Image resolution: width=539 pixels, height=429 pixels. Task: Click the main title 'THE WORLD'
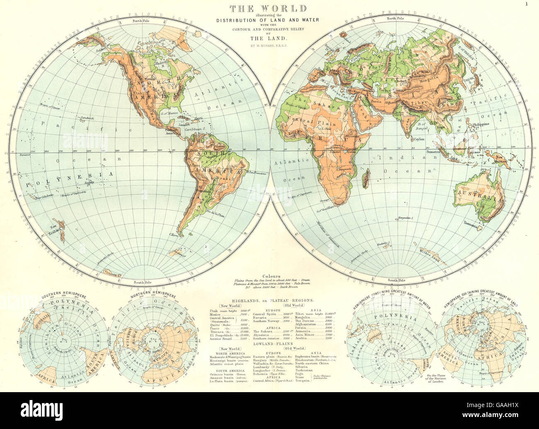pos(269,8)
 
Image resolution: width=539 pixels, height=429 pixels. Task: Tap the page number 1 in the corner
pos(526,4)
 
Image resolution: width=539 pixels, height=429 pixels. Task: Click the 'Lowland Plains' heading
pos(269,343)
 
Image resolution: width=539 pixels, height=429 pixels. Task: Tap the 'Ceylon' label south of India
pos(419,140)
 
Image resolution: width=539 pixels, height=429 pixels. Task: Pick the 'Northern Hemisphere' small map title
pos(151,296)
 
